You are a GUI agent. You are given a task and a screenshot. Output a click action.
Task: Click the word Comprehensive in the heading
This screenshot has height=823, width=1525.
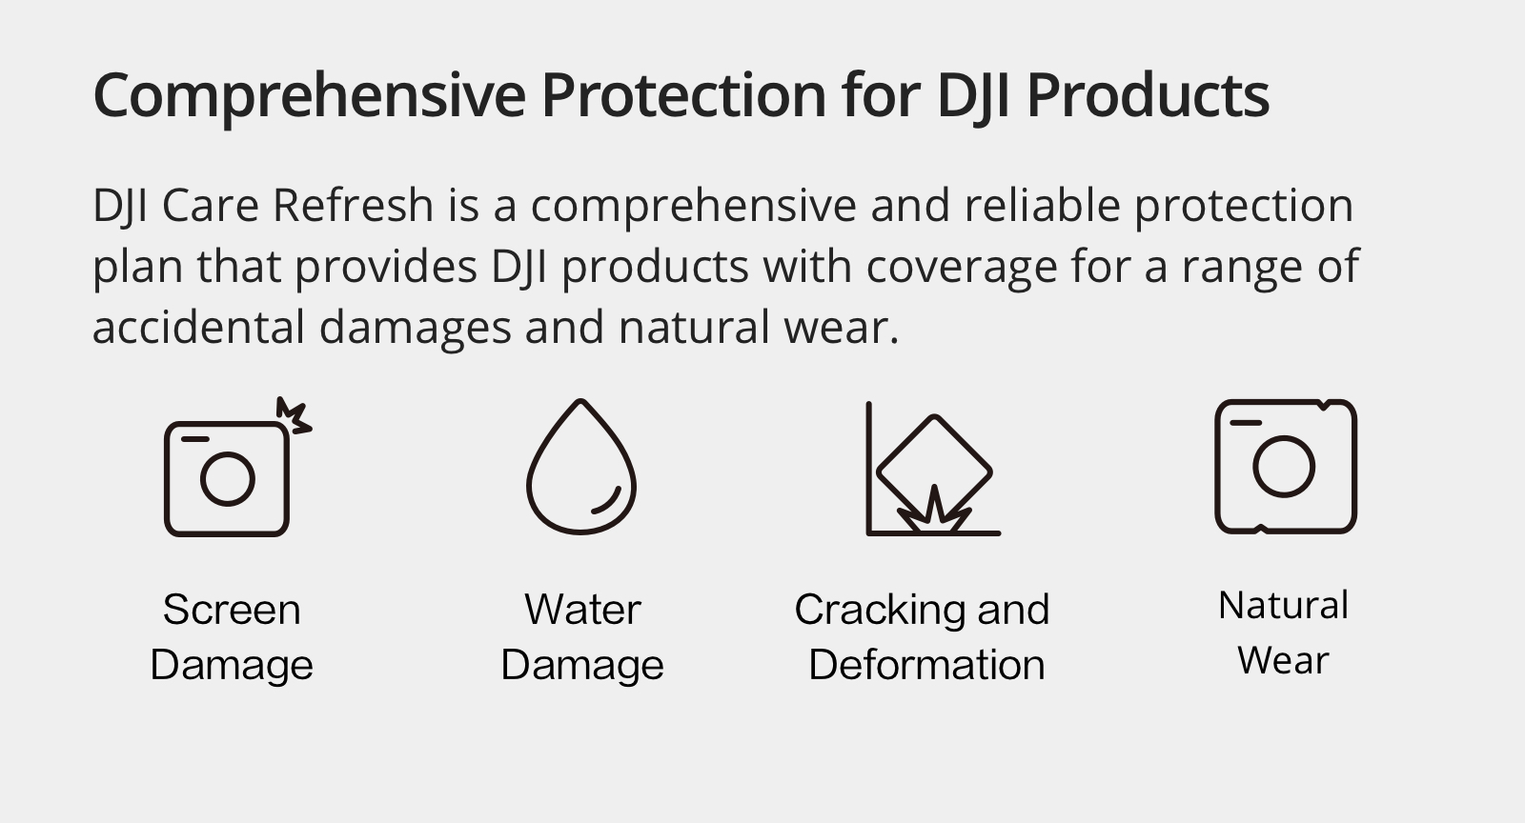point(310,96)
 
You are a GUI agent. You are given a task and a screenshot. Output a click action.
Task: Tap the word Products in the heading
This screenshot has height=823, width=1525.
point(1148,94)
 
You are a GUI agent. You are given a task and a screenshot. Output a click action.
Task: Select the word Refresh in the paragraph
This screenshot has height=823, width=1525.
point(353,205)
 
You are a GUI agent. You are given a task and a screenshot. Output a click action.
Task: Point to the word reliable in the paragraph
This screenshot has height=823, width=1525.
point(1042,205)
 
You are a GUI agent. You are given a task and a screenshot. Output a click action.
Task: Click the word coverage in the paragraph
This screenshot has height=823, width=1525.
point(962,267)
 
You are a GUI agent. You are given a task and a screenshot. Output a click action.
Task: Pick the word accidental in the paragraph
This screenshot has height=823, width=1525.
point(198,327)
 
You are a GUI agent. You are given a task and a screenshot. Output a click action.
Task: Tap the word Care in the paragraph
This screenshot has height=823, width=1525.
point(210,205)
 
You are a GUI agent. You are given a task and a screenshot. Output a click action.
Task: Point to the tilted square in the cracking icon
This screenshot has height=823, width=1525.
point(934,416)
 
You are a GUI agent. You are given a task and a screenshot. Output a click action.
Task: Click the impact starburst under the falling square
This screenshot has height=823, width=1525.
point(934,512)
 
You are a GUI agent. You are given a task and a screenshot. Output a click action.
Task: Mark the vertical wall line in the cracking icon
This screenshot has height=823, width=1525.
point(868,468)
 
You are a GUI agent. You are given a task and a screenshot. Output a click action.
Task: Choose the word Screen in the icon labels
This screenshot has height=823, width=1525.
point(232,610)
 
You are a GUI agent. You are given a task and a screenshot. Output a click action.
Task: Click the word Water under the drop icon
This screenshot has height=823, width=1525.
point(582,610)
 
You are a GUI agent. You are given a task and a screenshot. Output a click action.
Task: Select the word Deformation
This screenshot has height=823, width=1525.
point(926,665)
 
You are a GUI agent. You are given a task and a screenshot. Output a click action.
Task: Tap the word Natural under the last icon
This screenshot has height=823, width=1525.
point(1283,606)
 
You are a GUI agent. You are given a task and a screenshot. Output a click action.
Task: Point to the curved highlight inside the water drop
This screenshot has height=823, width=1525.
point(607,502)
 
